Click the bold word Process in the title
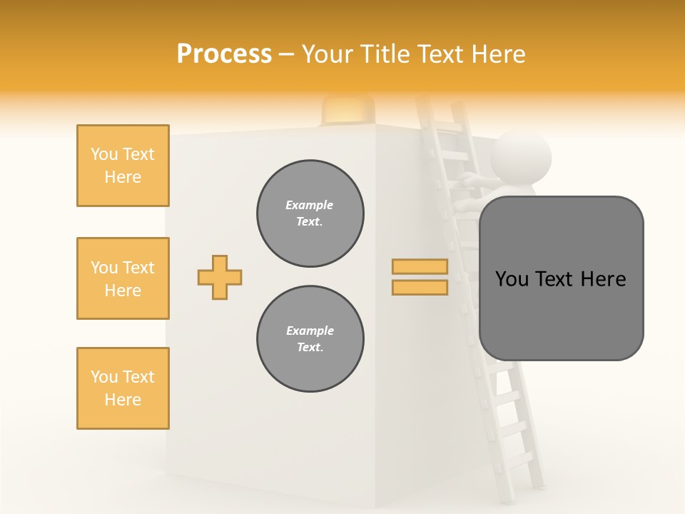point(224,54)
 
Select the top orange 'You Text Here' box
point(123,166)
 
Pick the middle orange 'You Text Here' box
point(123,278)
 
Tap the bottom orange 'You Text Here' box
point(123,388)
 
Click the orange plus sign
point(220,277)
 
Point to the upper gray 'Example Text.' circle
point(310,213)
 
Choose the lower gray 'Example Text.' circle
point(310,339)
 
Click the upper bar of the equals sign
point(420,266)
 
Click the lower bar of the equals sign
point(420,288)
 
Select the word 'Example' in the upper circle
point(310,205)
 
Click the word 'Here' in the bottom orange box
point(123,400)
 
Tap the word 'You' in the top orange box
point(103,154)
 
